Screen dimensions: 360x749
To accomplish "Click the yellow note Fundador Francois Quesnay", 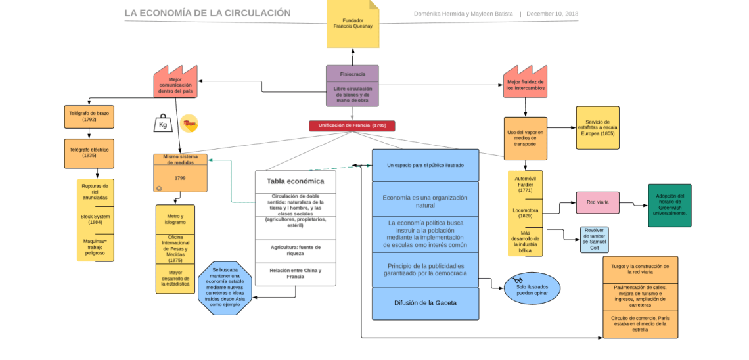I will click(353, 24).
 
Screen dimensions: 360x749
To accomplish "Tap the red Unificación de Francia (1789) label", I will click(352, 125).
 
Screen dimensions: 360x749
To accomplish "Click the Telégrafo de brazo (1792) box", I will click(89, 117).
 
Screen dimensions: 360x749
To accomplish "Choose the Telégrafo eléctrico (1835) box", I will click(89, 153).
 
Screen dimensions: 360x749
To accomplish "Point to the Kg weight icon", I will click(162, 124).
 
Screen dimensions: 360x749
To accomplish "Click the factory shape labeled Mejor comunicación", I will click(175, 84).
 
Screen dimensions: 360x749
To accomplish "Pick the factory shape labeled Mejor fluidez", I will click(525, 83).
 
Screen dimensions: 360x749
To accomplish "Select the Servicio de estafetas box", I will click(597, 128).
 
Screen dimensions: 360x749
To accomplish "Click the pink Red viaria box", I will click(597, 202).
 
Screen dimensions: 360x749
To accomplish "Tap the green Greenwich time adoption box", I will click(670, 205).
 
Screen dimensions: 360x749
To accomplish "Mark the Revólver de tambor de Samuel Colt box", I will click(594, 240).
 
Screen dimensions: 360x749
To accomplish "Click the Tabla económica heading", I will click(295, 181).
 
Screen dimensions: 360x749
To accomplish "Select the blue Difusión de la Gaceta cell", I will click(425, 303).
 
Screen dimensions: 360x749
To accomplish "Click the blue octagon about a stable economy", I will click(225, 288).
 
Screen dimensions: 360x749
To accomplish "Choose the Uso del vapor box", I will click(525, 139).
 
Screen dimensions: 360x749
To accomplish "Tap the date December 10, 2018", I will click(552, 14).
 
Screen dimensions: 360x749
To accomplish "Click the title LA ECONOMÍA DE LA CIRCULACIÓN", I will click(208, 13).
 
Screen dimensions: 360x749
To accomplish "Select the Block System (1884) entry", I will click(95, 219).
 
